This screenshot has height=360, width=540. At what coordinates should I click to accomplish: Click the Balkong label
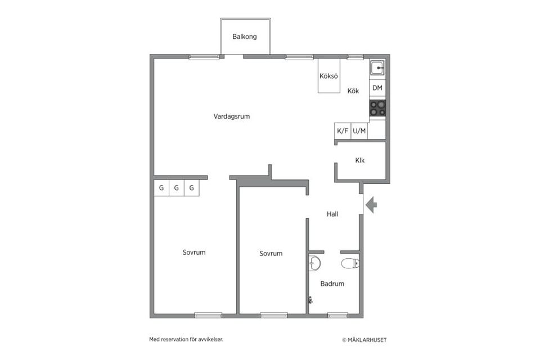(x=245, y=37)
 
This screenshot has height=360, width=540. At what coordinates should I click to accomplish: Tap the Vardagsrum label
(x=231, y=116)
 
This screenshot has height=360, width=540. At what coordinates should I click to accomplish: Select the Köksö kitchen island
(x=328, y=76)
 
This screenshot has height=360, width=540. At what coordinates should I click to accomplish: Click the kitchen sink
(x=377, y=68)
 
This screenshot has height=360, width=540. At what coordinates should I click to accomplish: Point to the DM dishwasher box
(x=377, y=88)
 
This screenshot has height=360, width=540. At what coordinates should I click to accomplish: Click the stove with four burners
(x=377, y=108)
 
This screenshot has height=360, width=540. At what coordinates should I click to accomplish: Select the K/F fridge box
(x=343, y=131)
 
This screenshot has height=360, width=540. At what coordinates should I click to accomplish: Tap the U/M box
(x=359, y=131)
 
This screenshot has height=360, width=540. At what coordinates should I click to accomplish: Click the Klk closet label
(x=360, y=160)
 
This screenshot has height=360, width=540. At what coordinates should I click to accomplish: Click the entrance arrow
(x=371, y=205)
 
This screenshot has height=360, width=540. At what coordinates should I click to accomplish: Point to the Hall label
(x=332, y=214)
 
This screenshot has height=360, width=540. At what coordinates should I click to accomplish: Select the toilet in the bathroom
(x=350, y=264)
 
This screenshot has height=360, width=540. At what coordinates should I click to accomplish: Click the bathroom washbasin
(x=314, y=264)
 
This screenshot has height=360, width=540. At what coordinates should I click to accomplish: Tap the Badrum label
(x=332, y=284)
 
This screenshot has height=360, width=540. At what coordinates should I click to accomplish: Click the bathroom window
(x=337, y=315)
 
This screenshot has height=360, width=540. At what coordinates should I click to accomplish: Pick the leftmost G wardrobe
(x=161, y=188)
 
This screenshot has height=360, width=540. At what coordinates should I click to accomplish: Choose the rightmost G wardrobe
(x=191, y=188)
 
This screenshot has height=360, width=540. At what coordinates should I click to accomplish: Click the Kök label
(x=353, y=91)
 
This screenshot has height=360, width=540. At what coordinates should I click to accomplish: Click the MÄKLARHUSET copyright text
(x=364, y=340)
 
